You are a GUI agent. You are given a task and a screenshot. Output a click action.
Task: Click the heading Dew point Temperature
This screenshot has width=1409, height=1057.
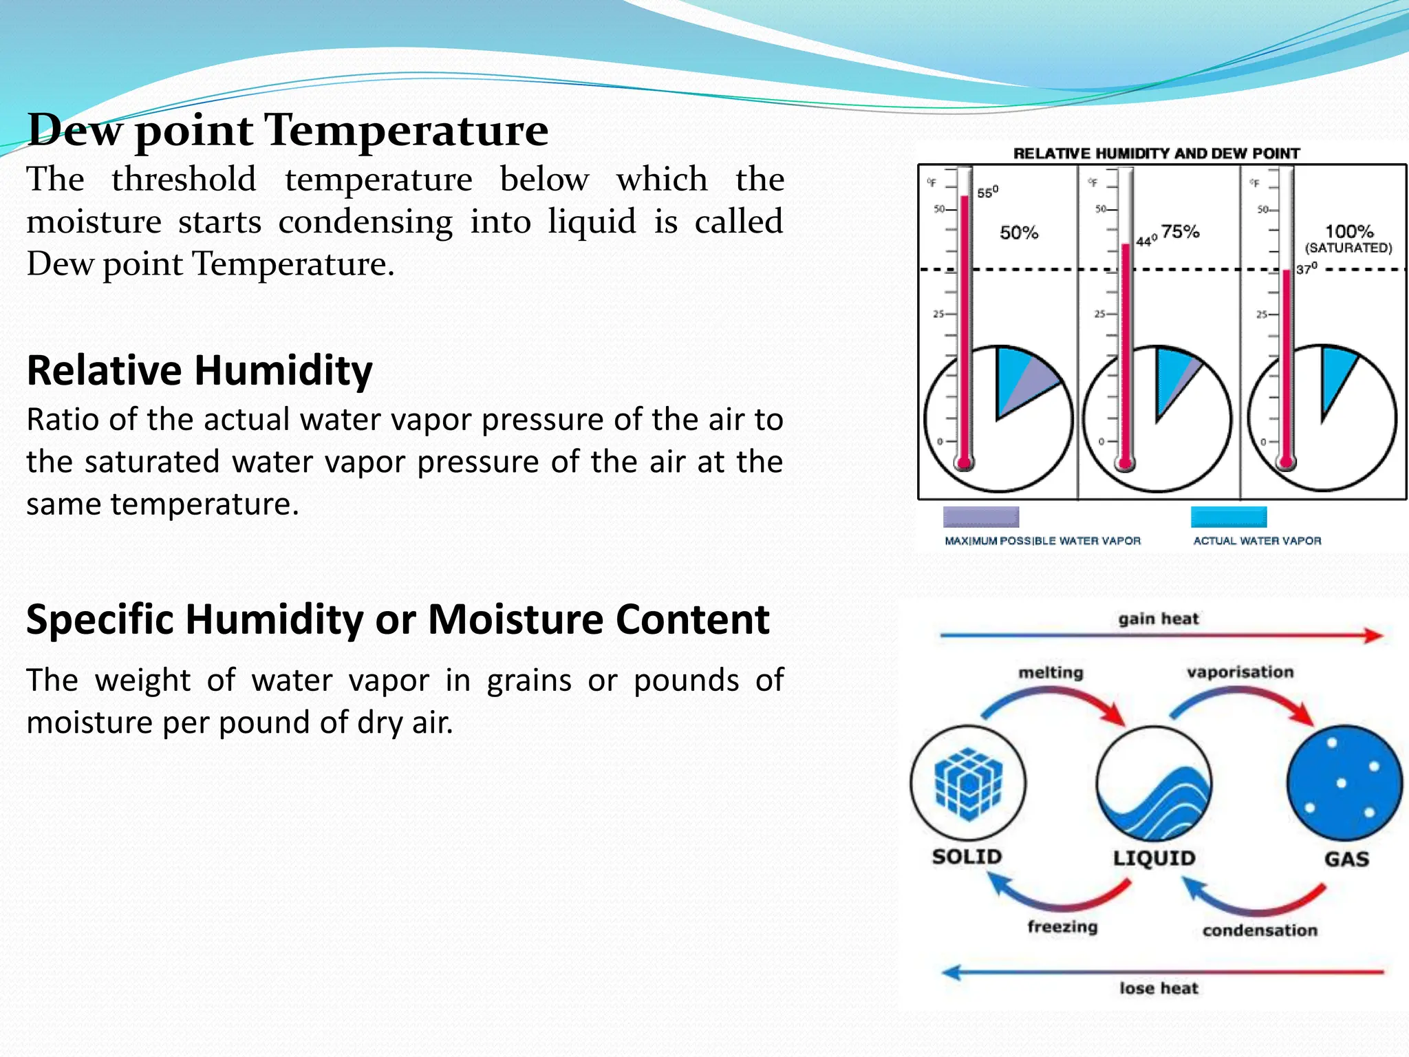288,130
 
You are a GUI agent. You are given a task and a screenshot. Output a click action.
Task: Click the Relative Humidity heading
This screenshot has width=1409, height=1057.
200,370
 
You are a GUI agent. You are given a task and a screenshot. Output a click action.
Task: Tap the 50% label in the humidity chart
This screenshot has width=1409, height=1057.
1019,233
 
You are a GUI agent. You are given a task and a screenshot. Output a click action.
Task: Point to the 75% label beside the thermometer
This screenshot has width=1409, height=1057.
1181,231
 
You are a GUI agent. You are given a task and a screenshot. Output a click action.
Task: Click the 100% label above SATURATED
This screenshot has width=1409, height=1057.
1348,231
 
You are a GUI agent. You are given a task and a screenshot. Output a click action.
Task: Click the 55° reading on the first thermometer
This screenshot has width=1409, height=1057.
987,193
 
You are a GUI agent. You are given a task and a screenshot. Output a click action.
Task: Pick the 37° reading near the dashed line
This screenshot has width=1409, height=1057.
1306,268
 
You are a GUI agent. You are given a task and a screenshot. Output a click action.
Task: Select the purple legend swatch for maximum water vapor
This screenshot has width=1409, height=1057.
980,517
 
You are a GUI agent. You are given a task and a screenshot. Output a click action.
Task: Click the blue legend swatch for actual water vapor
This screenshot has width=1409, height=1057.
1229,517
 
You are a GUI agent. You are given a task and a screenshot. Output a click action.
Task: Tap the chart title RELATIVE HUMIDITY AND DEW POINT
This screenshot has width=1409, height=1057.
1157,153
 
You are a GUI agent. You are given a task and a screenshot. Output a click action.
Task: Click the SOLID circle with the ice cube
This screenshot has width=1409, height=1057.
968,783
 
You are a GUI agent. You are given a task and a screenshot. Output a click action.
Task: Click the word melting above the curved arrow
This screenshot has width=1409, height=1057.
1051,672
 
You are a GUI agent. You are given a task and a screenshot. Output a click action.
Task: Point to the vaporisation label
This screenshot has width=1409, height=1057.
1240,672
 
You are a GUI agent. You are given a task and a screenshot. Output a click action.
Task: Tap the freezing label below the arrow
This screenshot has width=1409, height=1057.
1062,926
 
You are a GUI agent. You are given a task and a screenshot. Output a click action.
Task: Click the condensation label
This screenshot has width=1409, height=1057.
1260,930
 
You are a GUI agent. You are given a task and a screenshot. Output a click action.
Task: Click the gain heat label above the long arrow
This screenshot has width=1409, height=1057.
1158,619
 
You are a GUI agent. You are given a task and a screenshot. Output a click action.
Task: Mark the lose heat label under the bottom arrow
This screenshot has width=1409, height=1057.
1159,988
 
